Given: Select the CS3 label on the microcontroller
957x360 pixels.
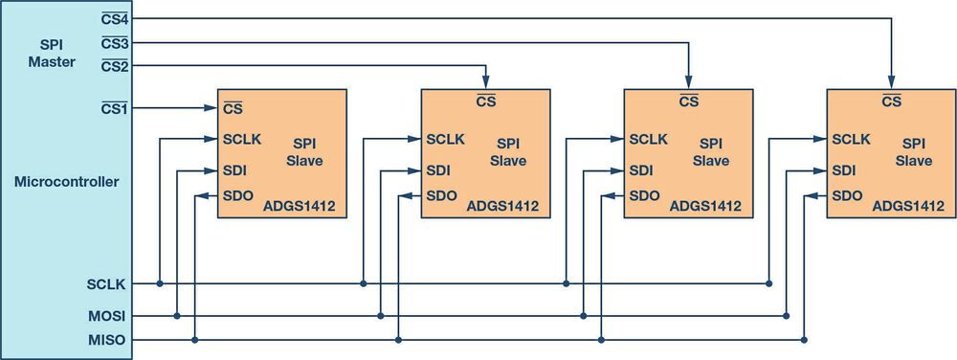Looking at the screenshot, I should tap(115, 42).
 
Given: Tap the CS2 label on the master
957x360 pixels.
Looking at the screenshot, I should tap(115, 66).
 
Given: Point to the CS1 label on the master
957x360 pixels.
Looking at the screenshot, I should tap(115, 107).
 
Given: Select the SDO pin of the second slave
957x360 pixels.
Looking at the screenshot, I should tap(442, 196).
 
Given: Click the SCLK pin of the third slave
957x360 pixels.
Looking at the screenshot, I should tap(648, 139).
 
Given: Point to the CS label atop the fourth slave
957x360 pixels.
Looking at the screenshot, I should tap(891, 101).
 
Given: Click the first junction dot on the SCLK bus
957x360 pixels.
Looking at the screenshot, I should tap(160, 283).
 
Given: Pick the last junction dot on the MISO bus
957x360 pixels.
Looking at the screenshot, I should tap(804, 340).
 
